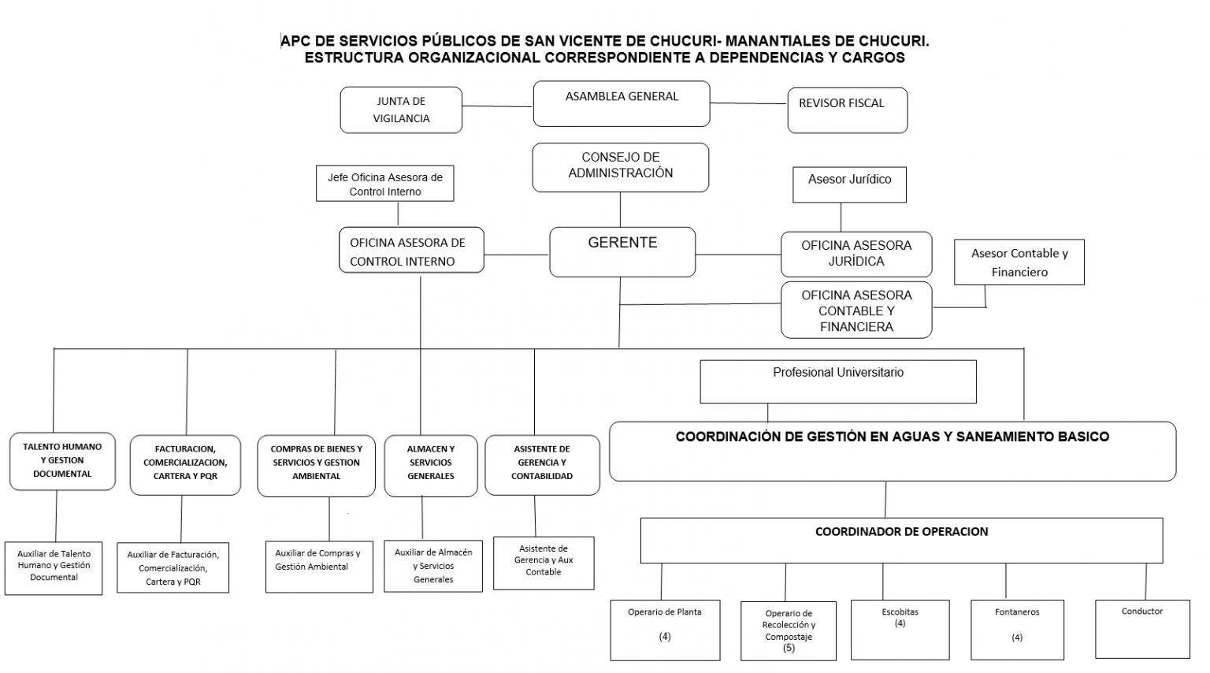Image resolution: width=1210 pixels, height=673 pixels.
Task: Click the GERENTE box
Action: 622,252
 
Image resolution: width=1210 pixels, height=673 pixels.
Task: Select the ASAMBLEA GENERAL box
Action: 622,104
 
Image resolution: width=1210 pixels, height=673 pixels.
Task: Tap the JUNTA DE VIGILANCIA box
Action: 401,110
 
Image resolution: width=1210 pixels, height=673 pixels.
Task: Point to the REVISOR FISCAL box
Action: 848,110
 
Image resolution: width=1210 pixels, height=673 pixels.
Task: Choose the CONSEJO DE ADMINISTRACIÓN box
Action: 620,168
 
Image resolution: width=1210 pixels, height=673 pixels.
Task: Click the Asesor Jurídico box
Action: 849,185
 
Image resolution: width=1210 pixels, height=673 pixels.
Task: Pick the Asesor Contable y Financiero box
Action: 1019,262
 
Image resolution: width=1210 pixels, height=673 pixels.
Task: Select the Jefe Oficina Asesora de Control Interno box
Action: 384,184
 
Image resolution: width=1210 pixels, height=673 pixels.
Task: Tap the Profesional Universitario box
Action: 838,381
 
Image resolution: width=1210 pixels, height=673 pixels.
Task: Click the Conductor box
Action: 1142,629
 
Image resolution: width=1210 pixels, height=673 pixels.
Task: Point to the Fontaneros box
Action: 1017,630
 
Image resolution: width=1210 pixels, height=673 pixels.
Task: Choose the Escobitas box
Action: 900,630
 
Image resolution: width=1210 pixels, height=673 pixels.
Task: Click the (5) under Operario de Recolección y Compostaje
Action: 789,648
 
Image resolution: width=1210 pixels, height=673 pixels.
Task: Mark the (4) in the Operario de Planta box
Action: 664,637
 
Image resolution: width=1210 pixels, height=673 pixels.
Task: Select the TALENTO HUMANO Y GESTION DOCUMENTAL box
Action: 62,461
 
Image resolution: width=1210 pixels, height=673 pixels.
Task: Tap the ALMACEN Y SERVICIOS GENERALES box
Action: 431,466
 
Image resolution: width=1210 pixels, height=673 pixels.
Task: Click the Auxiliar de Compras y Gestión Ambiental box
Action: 319,567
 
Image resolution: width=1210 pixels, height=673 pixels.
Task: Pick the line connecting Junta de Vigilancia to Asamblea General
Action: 498,106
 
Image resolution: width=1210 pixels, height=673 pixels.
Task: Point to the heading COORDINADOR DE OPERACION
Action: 901,532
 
